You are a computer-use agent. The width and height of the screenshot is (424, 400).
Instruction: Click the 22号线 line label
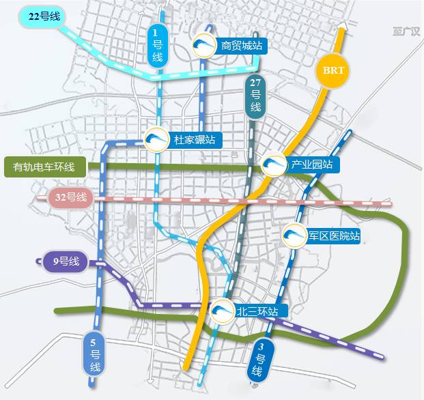[39, 16]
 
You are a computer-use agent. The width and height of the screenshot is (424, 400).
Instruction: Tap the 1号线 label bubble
[157, 46]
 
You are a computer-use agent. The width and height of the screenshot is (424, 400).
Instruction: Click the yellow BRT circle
[333, 70]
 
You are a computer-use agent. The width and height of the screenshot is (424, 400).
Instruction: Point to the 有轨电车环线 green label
[44, 166]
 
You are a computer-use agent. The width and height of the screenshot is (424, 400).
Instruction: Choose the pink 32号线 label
[72, 198]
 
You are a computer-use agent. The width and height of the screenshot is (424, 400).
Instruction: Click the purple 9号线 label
[66, 261]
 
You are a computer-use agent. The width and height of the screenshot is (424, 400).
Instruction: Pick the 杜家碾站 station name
[195, 140]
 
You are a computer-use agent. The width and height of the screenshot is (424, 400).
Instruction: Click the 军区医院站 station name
[333, 236]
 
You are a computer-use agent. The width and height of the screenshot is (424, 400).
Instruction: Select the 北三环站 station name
[257, 311]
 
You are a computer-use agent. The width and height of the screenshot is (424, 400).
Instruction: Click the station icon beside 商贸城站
[204, 46]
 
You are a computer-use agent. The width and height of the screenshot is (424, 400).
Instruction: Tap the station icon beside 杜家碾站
[157, 140]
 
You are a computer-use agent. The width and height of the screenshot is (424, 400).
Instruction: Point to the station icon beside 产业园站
[274, 165]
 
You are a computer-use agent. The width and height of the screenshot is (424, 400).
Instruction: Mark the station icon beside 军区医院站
[294, 236]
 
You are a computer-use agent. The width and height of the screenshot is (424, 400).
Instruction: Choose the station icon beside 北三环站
[223, 311]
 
